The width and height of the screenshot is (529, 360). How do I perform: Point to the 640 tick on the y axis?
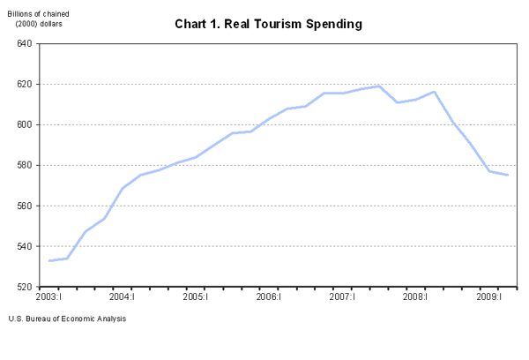click(23, 43)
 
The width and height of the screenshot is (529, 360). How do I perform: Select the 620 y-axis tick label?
click(23, 84)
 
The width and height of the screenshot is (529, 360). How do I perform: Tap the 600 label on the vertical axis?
click(23, 124)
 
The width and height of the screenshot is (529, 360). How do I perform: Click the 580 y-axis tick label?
click(23, 165)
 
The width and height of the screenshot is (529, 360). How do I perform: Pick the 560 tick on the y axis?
click(23, 206)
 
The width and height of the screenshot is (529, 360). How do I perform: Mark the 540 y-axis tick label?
click(23, 246)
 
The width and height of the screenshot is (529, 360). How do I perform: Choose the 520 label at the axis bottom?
click(23, 287)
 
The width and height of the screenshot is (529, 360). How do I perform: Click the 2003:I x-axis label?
click(48, 297)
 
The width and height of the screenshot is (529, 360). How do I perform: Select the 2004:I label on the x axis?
click(122, 297)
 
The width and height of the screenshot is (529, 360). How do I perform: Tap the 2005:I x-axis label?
click(195, 297)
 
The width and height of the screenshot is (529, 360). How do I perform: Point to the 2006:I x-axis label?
click(268, 297)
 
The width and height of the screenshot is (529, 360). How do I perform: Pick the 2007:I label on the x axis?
click(342, 297)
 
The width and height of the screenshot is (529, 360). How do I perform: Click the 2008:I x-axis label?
click(415, 297)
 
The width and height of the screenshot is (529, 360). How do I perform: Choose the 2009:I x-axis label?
click(489, 297)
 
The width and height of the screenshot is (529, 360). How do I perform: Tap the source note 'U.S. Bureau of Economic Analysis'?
click(67, 319)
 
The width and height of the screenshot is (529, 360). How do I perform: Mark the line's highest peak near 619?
click(379, 86)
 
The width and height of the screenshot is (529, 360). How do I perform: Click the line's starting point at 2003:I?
click(49, 260)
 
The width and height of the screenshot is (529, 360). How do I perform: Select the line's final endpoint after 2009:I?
click(508, 175)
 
